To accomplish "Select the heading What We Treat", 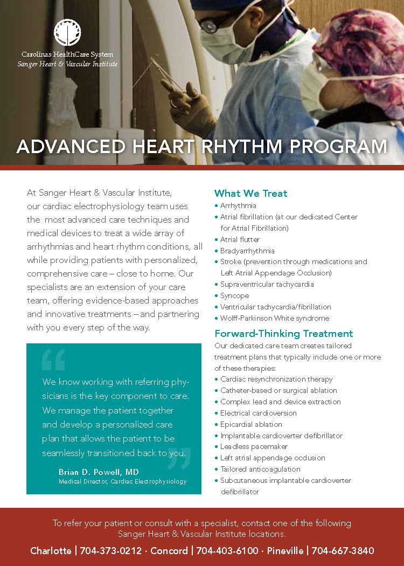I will click(x=250, y=193).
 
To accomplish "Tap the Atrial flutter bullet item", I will click(x=240, y=239).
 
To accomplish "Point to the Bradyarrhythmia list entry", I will click(x=247, y=251).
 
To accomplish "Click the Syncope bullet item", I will click(x=234, y=295).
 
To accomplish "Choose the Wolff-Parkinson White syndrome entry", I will click(x=275, y=318).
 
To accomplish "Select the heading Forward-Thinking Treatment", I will click(x=283, y=333).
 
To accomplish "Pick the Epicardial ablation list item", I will click(x=251, y=424).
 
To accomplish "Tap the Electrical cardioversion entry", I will click(x=258, y=413).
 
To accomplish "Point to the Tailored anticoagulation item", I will click(x=260, y=469).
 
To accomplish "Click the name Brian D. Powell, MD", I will click(x=99, y=472).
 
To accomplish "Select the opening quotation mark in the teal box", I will click(x=53, y=360).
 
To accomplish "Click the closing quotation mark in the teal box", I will click(x=179, y=458).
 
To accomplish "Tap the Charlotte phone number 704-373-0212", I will click(x=111, y=550).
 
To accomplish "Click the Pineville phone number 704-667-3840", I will click(x=343, y=550).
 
